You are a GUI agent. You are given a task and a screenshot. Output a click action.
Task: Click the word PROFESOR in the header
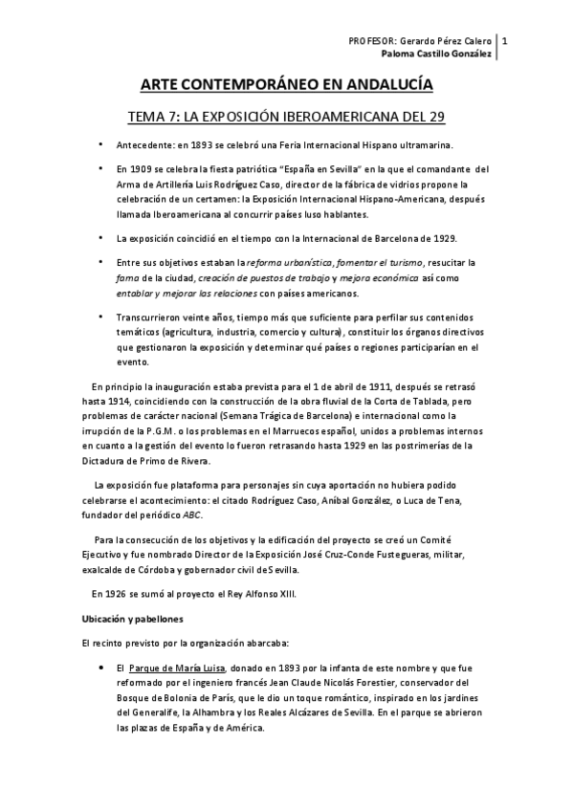(x=372, y=41)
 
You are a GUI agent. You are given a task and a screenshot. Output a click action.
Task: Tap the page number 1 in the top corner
(x=504, y=41)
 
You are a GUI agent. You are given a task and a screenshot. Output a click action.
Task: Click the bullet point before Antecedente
(x=101, y=144)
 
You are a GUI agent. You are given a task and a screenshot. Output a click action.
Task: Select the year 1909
(x=141, y=168)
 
